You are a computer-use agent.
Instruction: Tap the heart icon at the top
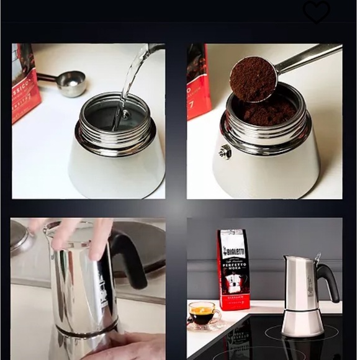(x=317, y=12)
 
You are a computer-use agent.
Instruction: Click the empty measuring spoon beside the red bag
(x=70, y=83)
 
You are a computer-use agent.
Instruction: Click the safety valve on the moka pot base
(x=225, y=151)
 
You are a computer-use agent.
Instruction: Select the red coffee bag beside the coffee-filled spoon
(x=198, y=81)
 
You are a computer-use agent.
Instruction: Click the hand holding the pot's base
(x=130, y=345)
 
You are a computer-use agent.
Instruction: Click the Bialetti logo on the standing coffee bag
(x=233, y=250)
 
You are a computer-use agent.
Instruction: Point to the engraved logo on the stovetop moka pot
(x=308, y=286)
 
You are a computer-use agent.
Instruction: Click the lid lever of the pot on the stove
(x=318, y=257)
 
